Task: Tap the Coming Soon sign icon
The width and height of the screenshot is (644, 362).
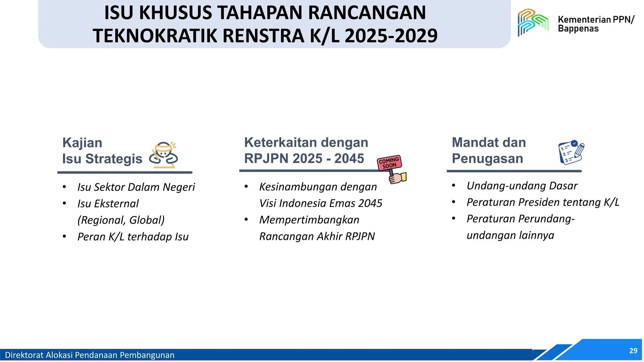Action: tap(391, 168)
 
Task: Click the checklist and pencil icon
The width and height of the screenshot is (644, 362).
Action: tap(571, 152)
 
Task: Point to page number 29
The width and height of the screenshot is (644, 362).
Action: tap(633, 351)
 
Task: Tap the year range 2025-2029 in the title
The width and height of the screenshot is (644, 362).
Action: tap(391, 36)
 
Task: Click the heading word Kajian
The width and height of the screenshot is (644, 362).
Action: tap(82, 143)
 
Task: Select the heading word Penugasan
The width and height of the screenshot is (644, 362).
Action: tap(487, 158)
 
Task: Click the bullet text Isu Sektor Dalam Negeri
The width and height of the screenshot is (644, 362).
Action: tap(136, 187)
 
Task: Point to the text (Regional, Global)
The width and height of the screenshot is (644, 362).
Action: tap(121, 220)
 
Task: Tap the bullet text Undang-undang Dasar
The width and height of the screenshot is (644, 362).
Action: tap(522, 186)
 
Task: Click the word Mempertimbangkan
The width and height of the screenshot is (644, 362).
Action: tap(309, 220)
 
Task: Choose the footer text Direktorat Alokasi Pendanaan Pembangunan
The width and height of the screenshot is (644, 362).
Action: tap(90, 355)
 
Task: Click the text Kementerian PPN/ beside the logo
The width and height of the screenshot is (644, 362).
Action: tap(596, 19)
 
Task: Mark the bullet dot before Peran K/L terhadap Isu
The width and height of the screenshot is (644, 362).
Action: tap(64, 236)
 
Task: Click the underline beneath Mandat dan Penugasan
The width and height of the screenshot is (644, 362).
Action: tap(514, 171)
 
